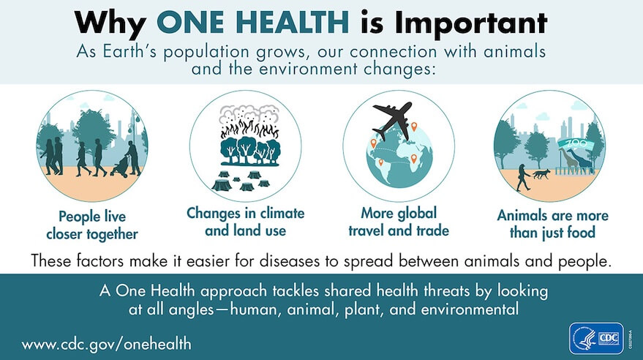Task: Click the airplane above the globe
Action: tap(394, 117)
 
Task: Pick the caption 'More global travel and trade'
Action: tap(399, 222)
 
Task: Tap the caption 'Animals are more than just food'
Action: tap(553, 224)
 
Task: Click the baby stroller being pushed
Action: tap(118, 168)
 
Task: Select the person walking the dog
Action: tap(522, 176)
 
